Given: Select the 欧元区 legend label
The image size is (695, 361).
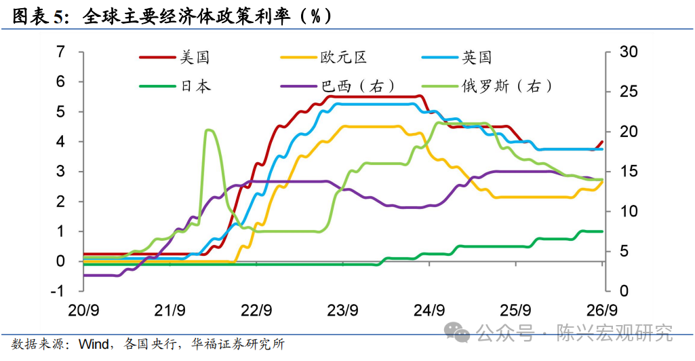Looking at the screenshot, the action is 323,57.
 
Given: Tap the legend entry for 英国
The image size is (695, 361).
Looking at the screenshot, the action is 456,57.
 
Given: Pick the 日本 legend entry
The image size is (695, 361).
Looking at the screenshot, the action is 175,85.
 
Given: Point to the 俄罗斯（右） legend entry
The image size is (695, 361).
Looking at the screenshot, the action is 487,85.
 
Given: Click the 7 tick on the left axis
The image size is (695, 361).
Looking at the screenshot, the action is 60,52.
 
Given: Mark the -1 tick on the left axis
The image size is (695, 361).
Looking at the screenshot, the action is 58,291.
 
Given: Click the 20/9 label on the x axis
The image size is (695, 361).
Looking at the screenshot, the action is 83,310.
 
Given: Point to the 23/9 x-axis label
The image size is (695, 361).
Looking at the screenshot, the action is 342,310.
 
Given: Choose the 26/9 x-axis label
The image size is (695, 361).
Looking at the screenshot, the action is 602,310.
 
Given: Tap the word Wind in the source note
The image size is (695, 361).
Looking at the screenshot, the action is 94,344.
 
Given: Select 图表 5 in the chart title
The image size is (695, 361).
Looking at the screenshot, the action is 39,16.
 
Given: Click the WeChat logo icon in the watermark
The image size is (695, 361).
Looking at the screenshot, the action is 456,332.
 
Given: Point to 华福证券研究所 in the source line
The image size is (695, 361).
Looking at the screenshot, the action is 238,344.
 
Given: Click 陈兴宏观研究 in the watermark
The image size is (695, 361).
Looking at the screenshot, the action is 614,333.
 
